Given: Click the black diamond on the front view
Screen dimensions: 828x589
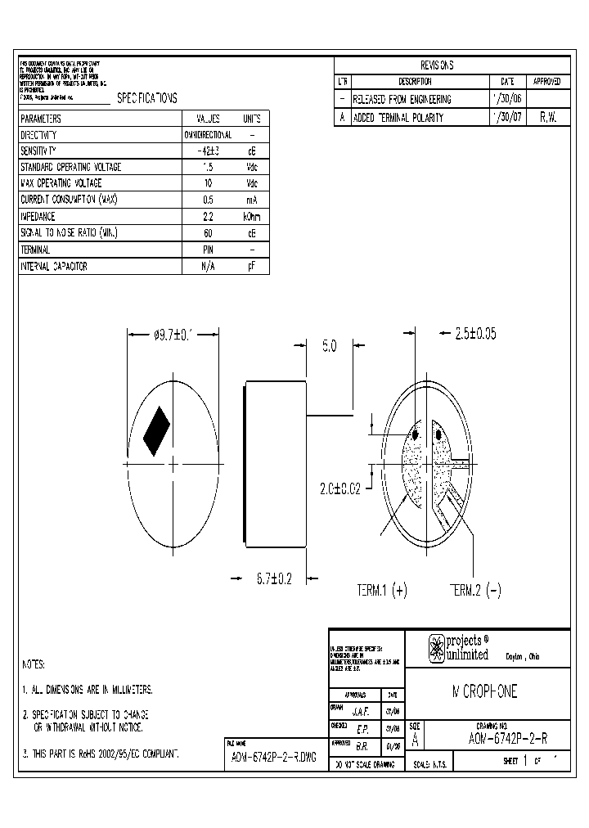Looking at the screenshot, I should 156,431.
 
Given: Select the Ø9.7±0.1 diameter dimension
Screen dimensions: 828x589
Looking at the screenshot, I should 173,335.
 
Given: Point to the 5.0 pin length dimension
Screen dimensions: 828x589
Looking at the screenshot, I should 329,347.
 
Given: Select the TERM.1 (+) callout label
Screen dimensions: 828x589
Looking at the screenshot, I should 382,590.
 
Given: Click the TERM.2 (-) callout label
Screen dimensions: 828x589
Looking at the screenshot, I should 476,590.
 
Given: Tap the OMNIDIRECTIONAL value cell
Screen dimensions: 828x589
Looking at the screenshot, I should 208,135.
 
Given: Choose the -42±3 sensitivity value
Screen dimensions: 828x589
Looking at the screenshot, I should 208,151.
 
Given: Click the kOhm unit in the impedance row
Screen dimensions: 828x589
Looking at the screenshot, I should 252,217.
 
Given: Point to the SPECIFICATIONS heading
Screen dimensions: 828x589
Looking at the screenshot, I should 147,98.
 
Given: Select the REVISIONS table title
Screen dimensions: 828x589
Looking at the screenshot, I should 437,65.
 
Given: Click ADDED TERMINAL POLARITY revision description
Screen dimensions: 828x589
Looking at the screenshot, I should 398,118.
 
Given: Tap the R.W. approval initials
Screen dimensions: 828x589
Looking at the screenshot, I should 547,118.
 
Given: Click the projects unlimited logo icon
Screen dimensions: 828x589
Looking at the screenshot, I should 436,649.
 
